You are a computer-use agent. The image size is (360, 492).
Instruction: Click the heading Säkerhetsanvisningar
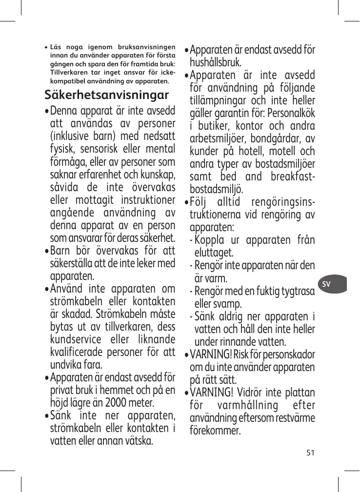[106, 94]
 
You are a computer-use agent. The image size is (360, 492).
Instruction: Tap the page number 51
[310, 452]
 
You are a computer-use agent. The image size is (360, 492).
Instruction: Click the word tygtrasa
[296, 291]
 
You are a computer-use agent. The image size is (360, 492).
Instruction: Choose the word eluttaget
[214, 253]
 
